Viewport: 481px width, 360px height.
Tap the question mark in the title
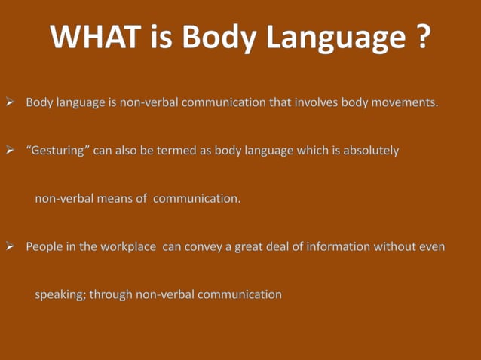422,37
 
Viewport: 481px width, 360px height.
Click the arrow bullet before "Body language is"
11,102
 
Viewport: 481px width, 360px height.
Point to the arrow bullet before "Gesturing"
11,151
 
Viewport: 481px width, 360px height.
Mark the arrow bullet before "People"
11,246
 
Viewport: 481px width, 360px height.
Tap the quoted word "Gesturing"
58,151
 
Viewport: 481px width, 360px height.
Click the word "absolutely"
371,150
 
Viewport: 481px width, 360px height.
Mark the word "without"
394,246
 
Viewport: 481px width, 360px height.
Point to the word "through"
111,295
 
